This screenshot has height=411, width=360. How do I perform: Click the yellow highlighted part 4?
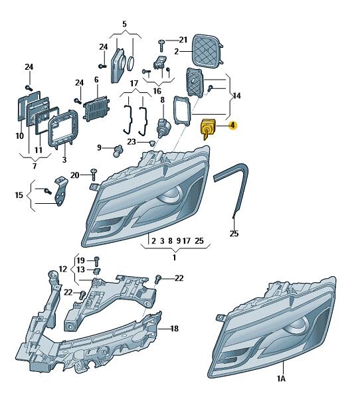click(207, 128)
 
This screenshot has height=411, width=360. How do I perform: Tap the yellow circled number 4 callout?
click(232, 125)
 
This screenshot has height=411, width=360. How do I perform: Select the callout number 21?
click(183, 40)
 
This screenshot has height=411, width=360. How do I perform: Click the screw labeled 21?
click(161, 45)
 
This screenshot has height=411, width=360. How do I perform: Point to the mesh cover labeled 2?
click(207, 50)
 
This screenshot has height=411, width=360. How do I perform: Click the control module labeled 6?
click(97, 108)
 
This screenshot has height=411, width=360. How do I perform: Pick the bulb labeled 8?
click(162, 127)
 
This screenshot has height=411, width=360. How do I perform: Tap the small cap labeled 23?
click(151, 143)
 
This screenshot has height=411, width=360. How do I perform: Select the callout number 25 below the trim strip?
click(234, 233)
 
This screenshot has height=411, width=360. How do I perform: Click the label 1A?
click(281, 378)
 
